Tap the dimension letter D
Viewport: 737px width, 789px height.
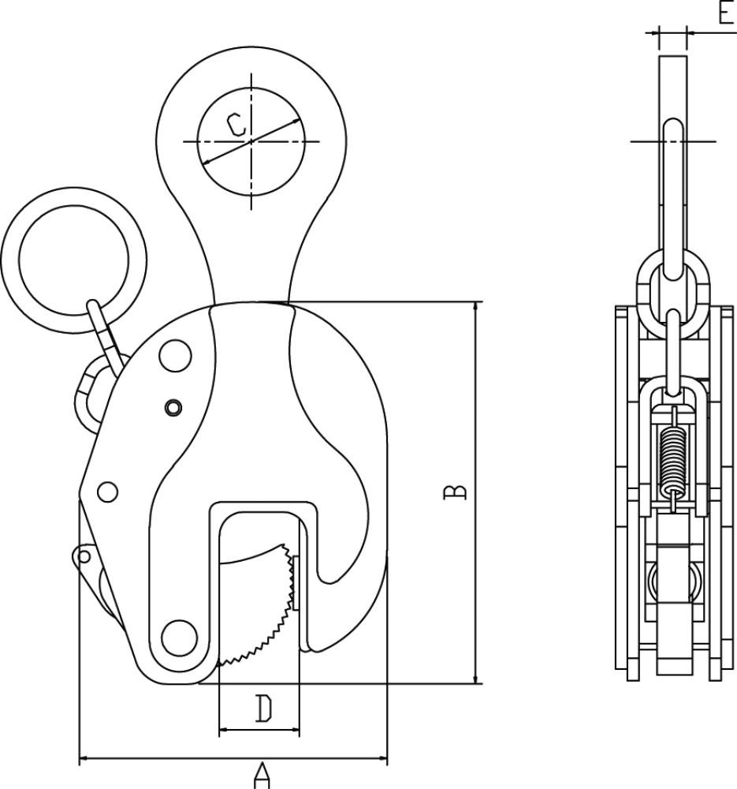pyautogui.click(x=263, y=708)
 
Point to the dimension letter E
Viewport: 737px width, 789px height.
pyautogui.click(x=726, y=12)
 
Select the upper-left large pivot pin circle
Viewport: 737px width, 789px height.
pyautogui.click(x=176, y=356)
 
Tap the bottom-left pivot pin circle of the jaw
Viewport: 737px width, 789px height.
pyautogui.click(x=180, y=638)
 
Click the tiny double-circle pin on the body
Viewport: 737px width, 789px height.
pyautogui.click(x=173, y=407)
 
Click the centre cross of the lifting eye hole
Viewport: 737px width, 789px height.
pyautogui.click(x=251, y=141)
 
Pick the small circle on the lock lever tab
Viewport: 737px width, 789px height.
pyautogui.click(x=84, y=556)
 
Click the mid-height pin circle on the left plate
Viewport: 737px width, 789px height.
pyautogui.click(x=107, y=492)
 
